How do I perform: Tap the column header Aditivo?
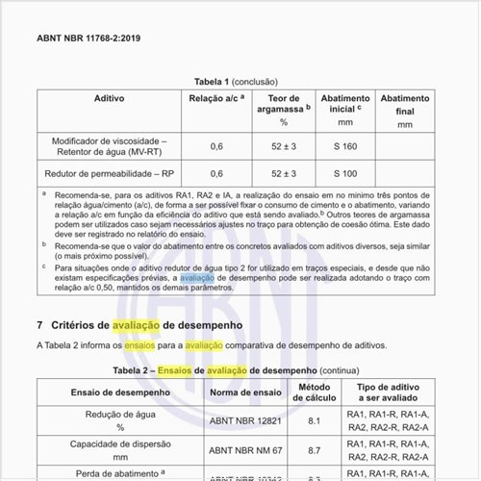[109, 99]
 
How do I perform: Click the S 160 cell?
[344, 146]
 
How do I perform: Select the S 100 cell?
[344, 174]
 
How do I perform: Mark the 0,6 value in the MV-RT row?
[216, 146]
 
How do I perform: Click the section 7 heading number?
[39, 326]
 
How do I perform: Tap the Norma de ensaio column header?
[245, 392]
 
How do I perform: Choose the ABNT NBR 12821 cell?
[245, 421]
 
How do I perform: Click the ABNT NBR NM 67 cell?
[245, 450]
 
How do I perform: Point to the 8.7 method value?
[314, 450]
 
